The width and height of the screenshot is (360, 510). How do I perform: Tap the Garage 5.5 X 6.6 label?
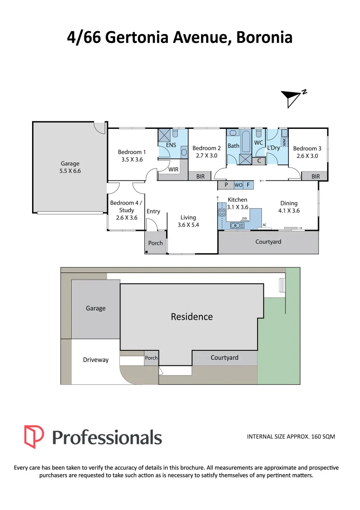point(70,167)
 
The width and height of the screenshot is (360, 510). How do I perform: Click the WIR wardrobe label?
point(173,169)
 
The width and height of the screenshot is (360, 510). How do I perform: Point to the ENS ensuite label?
point(171,145)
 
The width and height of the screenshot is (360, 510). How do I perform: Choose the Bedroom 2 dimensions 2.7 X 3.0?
point(206,155)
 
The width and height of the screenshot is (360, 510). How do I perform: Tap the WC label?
point(259,142)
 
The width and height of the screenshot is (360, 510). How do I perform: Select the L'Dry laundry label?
point(274,148)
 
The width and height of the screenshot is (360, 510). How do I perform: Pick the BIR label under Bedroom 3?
point(316,177)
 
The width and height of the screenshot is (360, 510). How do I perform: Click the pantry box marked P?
point(226,185)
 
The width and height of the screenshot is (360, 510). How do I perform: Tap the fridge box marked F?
point(248,185)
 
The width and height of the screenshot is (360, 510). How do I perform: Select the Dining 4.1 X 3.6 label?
point(289,207)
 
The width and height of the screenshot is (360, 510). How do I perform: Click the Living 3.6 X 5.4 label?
point(188,221)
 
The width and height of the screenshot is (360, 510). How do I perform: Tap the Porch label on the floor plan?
point(155,243)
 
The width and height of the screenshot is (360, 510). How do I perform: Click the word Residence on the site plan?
point(192,316)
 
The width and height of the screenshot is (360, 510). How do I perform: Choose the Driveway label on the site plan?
point(96,360)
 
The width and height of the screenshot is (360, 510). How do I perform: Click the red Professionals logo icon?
point(34,437)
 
